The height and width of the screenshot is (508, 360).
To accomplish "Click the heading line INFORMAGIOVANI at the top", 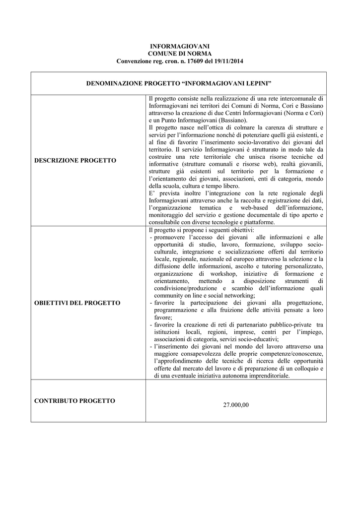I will click(180, 46).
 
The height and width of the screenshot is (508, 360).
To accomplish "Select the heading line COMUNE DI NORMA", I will click(180, 54).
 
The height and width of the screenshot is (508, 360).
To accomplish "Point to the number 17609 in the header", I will click(191, 61).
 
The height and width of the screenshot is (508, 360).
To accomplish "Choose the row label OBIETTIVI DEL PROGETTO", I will click(77, 303).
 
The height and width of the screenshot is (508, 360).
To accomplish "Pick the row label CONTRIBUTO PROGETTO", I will click(74, 401).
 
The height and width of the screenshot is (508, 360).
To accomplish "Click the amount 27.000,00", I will click(236, 405).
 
